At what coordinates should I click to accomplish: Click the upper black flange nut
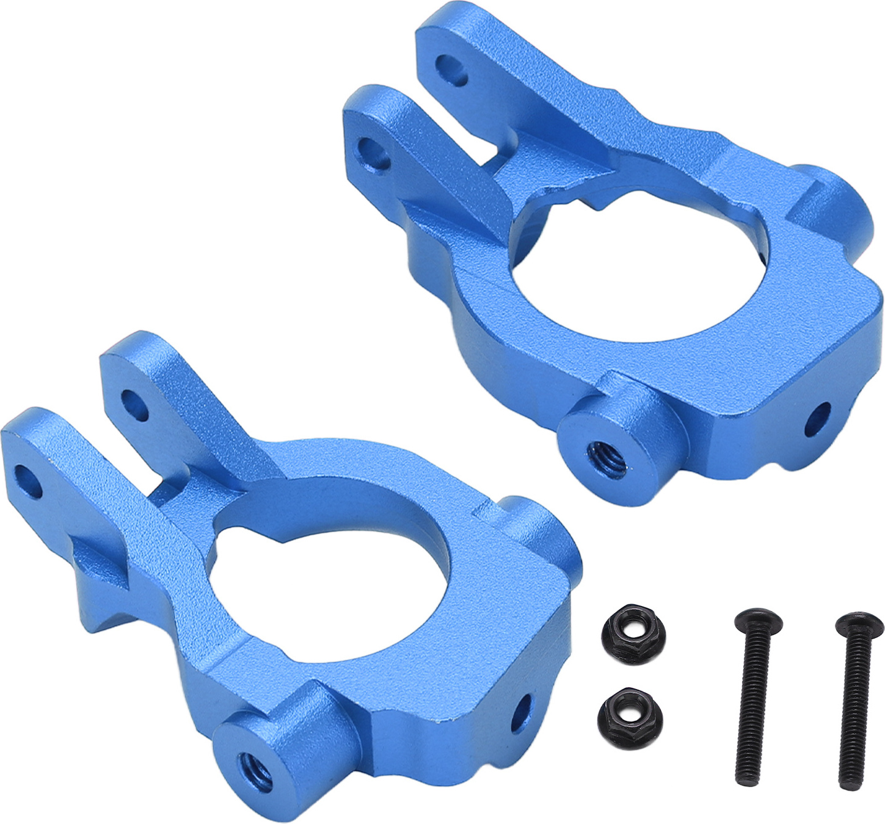(x=632, y=627)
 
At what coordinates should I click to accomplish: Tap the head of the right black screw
(x=859, y=624)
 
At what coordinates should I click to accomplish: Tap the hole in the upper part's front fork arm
(x=375, y=153)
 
